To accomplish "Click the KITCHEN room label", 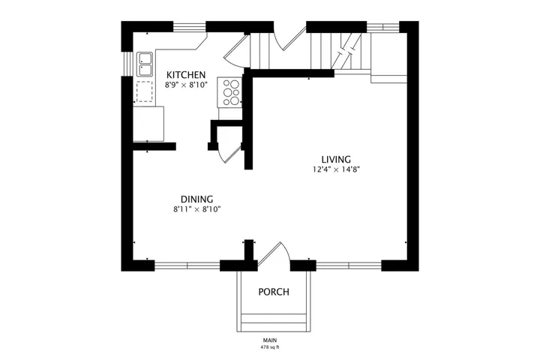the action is (x=186, y=74).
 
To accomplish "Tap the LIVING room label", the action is (x=336, y=160).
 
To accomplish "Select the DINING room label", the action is (x=196, y=199).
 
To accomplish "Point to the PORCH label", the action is (x=274, y=292).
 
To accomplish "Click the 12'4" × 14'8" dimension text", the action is (x=336, y=169).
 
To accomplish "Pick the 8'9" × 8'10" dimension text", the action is (x=186, y=85).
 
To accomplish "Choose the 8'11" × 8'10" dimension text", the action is (x=196, y=209).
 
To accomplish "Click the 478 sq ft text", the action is (x=270, y=347).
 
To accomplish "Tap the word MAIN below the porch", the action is (x=270, y=340).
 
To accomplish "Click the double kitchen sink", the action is (x=145, y=64).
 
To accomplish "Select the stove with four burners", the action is (x=230, y=92).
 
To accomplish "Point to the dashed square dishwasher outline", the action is (x=144, y=91).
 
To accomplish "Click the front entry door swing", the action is (x=275, y=253).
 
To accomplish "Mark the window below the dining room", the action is (x=187, y=265).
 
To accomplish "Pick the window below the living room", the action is (x=349, y=265).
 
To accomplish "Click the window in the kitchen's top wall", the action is (x=190, y=26).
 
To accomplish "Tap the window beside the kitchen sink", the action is (x=127, y=64).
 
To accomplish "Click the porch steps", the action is (x=274, y=322).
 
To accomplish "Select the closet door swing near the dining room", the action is (x=229, y=153).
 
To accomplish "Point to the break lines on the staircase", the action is (x=346, y=51).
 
